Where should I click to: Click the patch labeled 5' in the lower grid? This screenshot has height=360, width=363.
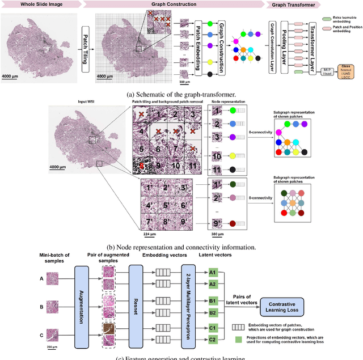tap(167, 204)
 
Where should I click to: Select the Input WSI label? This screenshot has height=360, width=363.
tap(88, 101)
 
